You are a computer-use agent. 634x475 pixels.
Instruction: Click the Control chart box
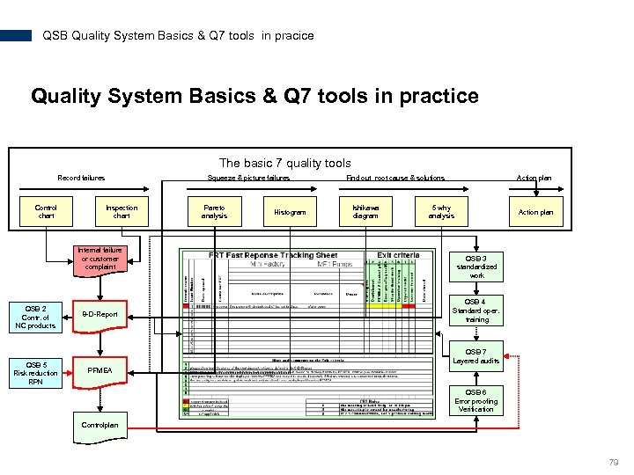click(47, 212)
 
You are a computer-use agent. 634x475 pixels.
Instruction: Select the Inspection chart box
click(122, 212)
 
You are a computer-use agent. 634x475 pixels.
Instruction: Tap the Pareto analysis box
click(214, 212)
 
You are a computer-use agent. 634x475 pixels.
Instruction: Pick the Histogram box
click(290, 212)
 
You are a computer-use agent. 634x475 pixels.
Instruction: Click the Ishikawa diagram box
click(365, 212)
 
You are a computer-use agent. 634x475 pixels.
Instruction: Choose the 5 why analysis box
click(441, 212)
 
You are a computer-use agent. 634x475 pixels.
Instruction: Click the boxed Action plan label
click(535, 212)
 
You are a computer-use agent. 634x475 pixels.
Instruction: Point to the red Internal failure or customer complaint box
click(100, 259)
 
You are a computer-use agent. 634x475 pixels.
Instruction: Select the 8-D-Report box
click(100, 314)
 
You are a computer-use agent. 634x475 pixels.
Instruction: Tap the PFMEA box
click(100, 370)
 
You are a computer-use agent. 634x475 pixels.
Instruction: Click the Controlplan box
click(100, 425)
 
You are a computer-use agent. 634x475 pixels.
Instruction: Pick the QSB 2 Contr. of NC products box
click(35, 317)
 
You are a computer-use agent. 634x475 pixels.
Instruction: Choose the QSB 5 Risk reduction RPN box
click(35, 373)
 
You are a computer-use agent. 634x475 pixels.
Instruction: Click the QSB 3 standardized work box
click(476, 267)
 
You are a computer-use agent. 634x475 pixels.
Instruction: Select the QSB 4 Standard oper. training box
click(476, 310)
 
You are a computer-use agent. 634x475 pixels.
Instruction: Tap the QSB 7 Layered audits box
click(476, 356)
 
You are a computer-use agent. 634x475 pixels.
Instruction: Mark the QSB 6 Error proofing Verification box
click(476, 400)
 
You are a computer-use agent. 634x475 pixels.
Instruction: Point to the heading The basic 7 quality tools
click(284, 163)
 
